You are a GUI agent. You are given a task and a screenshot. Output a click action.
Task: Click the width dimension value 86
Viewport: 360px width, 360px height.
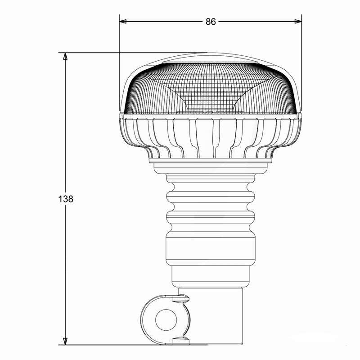point(211,22)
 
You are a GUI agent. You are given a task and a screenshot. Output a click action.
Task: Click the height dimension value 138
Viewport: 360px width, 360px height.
point(66,199)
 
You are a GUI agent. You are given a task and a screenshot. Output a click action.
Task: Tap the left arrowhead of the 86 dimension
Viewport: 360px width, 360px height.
point(123,22)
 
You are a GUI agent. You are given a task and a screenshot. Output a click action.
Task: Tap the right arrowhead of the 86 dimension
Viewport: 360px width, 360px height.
point(298,22)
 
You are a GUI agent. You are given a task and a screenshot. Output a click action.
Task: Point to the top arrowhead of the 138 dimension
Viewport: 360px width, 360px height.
point(65,56)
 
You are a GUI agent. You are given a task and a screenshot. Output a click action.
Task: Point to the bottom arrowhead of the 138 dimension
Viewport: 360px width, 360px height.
point(65,341)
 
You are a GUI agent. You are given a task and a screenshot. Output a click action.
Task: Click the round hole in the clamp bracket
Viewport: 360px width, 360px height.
point(166,320)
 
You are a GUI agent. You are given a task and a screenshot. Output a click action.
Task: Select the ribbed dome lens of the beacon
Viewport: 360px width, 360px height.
point(210,88)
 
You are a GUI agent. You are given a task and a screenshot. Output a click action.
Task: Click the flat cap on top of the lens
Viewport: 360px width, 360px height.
point(210,63)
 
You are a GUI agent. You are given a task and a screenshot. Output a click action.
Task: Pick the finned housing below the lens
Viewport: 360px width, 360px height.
point(210,138)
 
